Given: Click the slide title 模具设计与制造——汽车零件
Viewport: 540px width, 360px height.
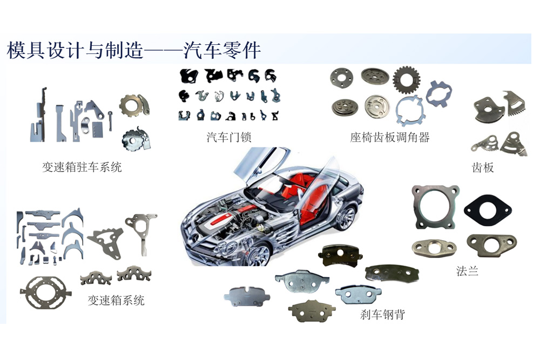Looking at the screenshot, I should pos(134,50).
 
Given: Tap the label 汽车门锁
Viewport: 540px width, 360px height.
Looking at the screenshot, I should pos(229,137).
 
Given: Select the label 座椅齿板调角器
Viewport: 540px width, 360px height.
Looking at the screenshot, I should pos(390,137).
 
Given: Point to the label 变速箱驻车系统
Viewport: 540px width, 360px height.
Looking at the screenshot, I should pos(82,167).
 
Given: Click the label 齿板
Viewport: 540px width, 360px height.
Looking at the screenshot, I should pos(483,167).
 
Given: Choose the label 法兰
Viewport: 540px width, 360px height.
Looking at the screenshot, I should pos(468,271).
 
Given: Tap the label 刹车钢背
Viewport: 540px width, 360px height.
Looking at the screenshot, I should pos(382,314).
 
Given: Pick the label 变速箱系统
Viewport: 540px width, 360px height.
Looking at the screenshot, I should pos(116,300).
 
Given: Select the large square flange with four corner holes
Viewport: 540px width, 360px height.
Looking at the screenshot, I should pos(436,207).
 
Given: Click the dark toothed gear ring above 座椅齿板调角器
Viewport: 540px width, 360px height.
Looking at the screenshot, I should pos(406,80).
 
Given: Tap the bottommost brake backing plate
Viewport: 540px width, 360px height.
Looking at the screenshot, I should pos(311,311).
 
